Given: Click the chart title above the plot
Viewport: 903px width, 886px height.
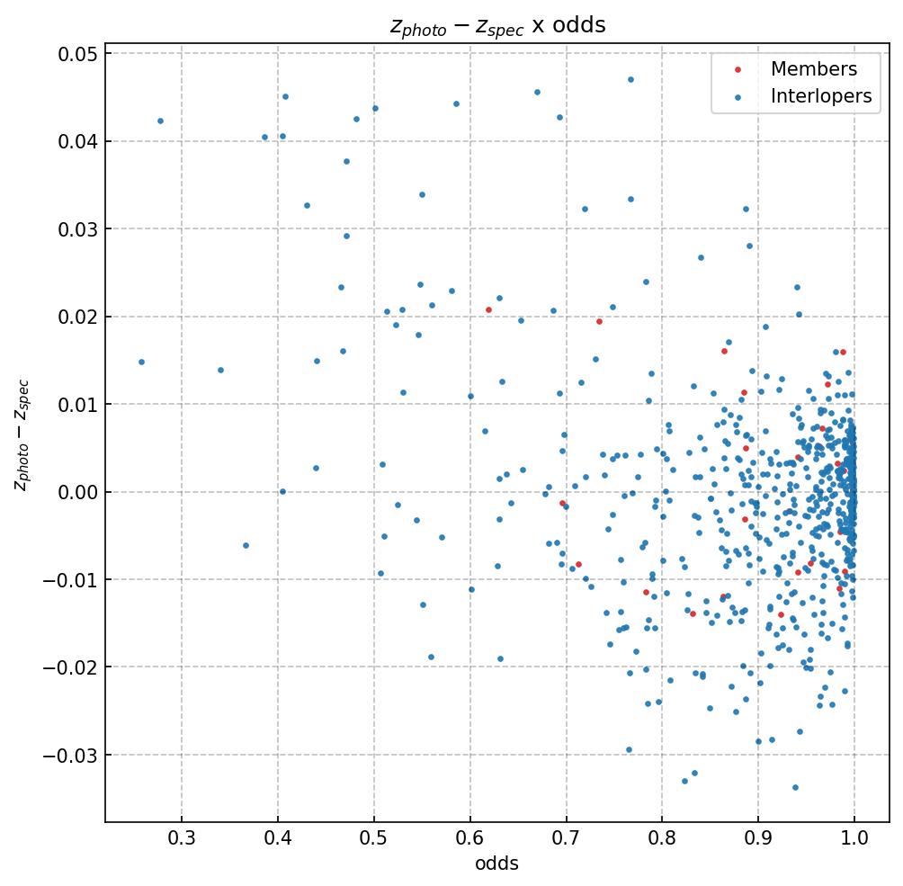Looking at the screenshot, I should (x=497, y=25).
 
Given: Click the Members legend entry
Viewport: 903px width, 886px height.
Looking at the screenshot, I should (x=813, y=69).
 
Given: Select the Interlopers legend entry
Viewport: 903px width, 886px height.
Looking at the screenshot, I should (x=820, y=96).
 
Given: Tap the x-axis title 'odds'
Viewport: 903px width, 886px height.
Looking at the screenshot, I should (x=496, y=864).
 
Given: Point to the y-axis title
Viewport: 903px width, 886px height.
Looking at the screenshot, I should (x=22, y=434).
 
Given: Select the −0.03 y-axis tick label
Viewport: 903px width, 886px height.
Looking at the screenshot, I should (x=71, y=755).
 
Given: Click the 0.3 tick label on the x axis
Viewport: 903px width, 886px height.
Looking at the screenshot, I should (x=182, y=838).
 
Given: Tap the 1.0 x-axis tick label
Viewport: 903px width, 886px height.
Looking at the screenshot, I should (x=854, y=838).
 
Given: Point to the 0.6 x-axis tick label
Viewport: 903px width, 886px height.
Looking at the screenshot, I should (x=470, y=838).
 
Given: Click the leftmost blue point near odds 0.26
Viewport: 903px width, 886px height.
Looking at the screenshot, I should (x=141, y=362).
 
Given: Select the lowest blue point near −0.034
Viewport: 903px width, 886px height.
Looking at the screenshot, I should (x=795, y=787).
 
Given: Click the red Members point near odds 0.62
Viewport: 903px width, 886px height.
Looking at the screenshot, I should (x=488, y=309).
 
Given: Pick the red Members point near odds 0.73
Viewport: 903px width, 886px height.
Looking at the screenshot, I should (x=599, y=321).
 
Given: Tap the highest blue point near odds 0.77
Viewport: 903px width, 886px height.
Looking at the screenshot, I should (x=630, y=79).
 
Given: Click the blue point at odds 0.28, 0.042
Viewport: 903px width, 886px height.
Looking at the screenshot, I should (x=160, y=121).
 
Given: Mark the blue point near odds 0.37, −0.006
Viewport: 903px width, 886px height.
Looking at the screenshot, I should (x=246, y=545).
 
